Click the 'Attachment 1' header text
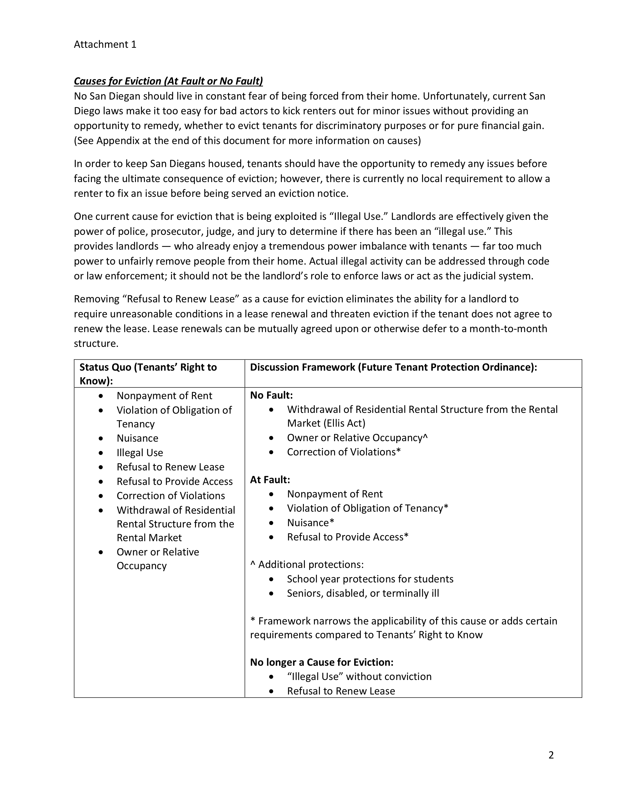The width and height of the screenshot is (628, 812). click(x=105, y=45)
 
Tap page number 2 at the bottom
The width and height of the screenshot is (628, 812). click(x=551, y=755)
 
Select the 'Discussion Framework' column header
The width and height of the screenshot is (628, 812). click(x=393, y=367)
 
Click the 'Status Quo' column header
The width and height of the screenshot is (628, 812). click(x=148, y=374)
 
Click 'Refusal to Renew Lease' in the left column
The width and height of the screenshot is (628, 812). click(x=170, y=467)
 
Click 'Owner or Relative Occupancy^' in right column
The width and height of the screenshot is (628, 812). click(x=357, y=438)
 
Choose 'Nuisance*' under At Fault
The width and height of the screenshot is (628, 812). click(x=310, y=523)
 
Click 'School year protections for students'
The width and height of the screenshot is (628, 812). click(x=370, y=579)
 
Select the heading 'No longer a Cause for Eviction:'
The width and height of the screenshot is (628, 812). click(x=321, y=662)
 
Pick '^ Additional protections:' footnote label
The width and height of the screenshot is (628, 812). click(x=307, y=564)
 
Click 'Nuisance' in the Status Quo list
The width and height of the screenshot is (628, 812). click(x=137, y=438)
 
